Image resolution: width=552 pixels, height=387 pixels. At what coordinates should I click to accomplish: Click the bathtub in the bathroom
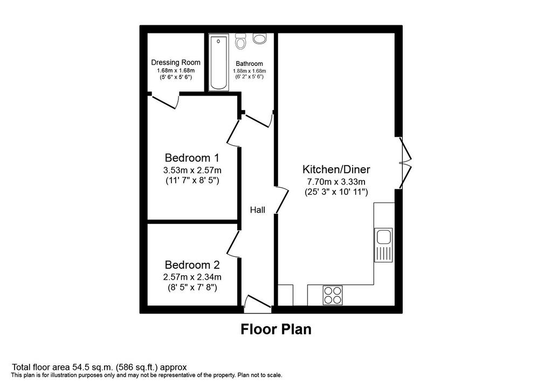tap(219, 63)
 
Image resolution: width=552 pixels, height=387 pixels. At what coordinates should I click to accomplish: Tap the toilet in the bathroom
tap(241, 42)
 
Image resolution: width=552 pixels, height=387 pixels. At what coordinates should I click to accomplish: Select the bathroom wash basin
tap(260, 38)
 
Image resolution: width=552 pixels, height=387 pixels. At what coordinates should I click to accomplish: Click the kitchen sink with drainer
tap(383, 245)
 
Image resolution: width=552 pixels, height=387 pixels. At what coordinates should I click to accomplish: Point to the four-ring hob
tap(333, 295)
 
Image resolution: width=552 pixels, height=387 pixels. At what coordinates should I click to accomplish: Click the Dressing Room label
tap(176, 63)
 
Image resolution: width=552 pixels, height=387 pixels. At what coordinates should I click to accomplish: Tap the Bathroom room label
tap(249, 64)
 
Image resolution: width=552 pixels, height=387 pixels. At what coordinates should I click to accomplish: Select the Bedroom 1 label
tap(192, 157)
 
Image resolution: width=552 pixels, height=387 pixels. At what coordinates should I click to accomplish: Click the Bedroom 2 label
tap(192, 264)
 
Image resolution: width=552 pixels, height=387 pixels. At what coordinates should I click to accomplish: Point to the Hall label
tap(257, 210)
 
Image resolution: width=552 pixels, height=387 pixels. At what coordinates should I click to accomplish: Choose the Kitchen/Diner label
tap(336, 169)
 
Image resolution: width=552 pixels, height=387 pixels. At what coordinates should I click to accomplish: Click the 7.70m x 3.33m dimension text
tap(336, 182)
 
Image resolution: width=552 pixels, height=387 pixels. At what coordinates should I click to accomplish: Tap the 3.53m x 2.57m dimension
tap(192, 171)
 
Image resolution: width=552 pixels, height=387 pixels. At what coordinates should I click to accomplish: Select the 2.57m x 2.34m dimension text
tap(192, 277)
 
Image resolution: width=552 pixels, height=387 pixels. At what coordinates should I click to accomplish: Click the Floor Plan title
tap(276, 329)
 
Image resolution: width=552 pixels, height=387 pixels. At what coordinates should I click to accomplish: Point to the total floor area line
tap(99, 367)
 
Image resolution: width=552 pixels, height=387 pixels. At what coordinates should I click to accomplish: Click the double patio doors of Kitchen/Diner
tap(405, 163)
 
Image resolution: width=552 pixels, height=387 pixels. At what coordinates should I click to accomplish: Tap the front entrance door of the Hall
tap(258, 304)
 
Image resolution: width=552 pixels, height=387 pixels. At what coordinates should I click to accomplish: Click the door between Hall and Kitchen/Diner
tap(281, 200)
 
